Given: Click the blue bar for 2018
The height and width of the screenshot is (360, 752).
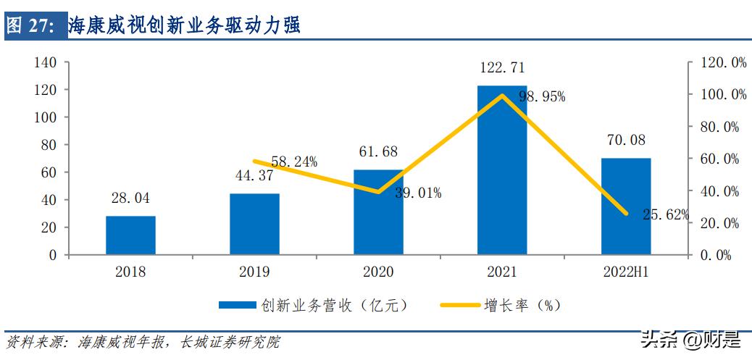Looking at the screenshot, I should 130,235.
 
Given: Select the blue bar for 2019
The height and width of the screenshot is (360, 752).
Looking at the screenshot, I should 254,224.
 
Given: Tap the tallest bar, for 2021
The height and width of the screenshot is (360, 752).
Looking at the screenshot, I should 502,170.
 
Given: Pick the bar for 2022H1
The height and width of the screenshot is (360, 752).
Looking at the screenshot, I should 626,206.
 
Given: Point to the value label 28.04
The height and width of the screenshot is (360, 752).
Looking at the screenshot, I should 130,198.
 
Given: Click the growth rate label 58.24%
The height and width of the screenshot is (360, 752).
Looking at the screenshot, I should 293,162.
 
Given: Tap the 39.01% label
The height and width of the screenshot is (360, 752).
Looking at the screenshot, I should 418,193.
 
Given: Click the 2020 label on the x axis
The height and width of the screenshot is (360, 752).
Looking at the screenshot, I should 377,272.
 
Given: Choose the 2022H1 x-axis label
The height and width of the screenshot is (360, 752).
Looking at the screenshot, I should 625,272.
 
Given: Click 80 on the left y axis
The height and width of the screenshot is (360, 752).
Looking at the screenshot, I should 50,145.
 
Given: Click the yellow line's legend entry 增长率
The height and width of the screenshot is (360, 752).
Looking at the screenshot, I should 500,305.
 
